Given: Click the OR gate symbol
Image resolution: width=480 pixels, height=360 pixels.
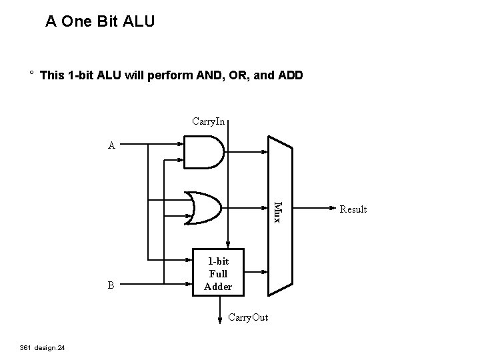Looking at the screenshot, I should tap(205, 207).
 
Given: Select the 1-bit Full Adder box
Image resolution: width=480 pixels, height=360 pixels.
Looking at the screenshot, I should tap(218, 273).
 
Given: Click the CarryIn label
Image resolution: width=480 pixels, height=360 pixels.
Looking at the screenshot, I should tap(208, 121).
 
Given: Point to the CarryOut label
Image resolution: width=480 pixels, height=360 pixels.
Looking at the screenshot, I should tap(247, 317).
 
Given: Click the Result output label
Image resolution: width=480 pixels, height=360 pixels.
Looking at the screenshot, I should tap(353, 209).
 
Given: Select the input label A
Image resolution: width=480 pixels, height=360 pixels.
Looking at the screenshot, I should tap(112, 144).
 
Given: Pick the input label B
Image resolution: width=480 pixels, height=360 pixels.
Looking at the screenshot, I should tap(111, 285).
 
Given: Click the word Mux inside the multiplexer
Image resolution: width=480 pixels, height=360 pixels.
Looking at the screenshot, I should tap(279, 211).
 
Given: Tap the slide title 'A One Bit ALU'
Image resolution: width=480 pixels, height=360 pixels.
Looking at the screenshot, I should tap(100, 22).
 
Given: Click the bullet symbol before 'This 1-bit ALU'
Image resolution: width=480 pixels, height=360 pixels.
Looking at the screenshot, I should tap(31, 74).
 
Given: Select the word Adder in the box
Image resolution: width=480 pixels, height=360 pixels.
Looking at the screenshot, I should tap(218, 287).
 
